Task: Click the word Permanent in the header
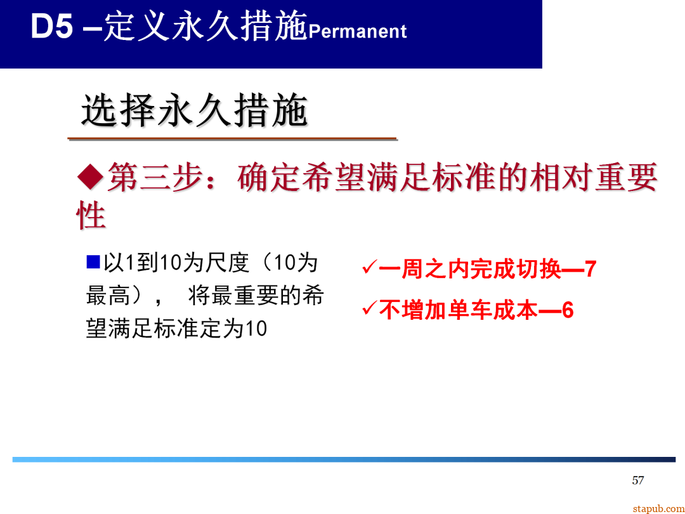[x=358, y=32]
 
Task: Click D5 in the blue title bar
[x=52, y=29]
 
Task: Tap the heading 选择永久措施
[x=194, y=112]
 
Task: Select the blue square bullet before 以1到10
[x=93, y=261]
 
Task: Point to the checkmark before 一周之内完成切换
[x=369, y=267]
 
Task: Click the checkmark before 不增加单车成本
[x=369, y=309]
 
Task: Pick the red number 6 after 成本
[x=568, y=311]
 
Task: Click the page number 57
[x=638, y=480]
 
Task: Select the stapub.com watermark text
[x=658, y=509]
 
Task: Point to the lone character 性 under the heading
[x=91, y=216]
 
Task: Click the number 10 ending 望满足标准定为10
[x=256, y=330]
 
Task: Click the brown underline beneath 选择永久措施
[x=232, y=138]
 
